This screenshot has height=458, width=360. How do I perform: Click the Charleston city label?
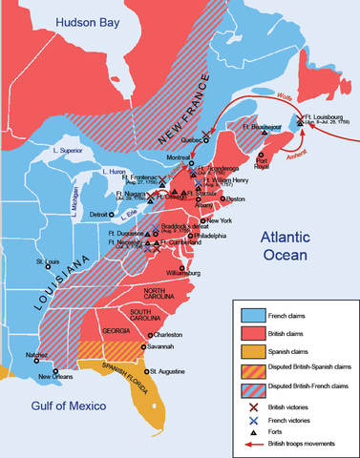167,335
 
